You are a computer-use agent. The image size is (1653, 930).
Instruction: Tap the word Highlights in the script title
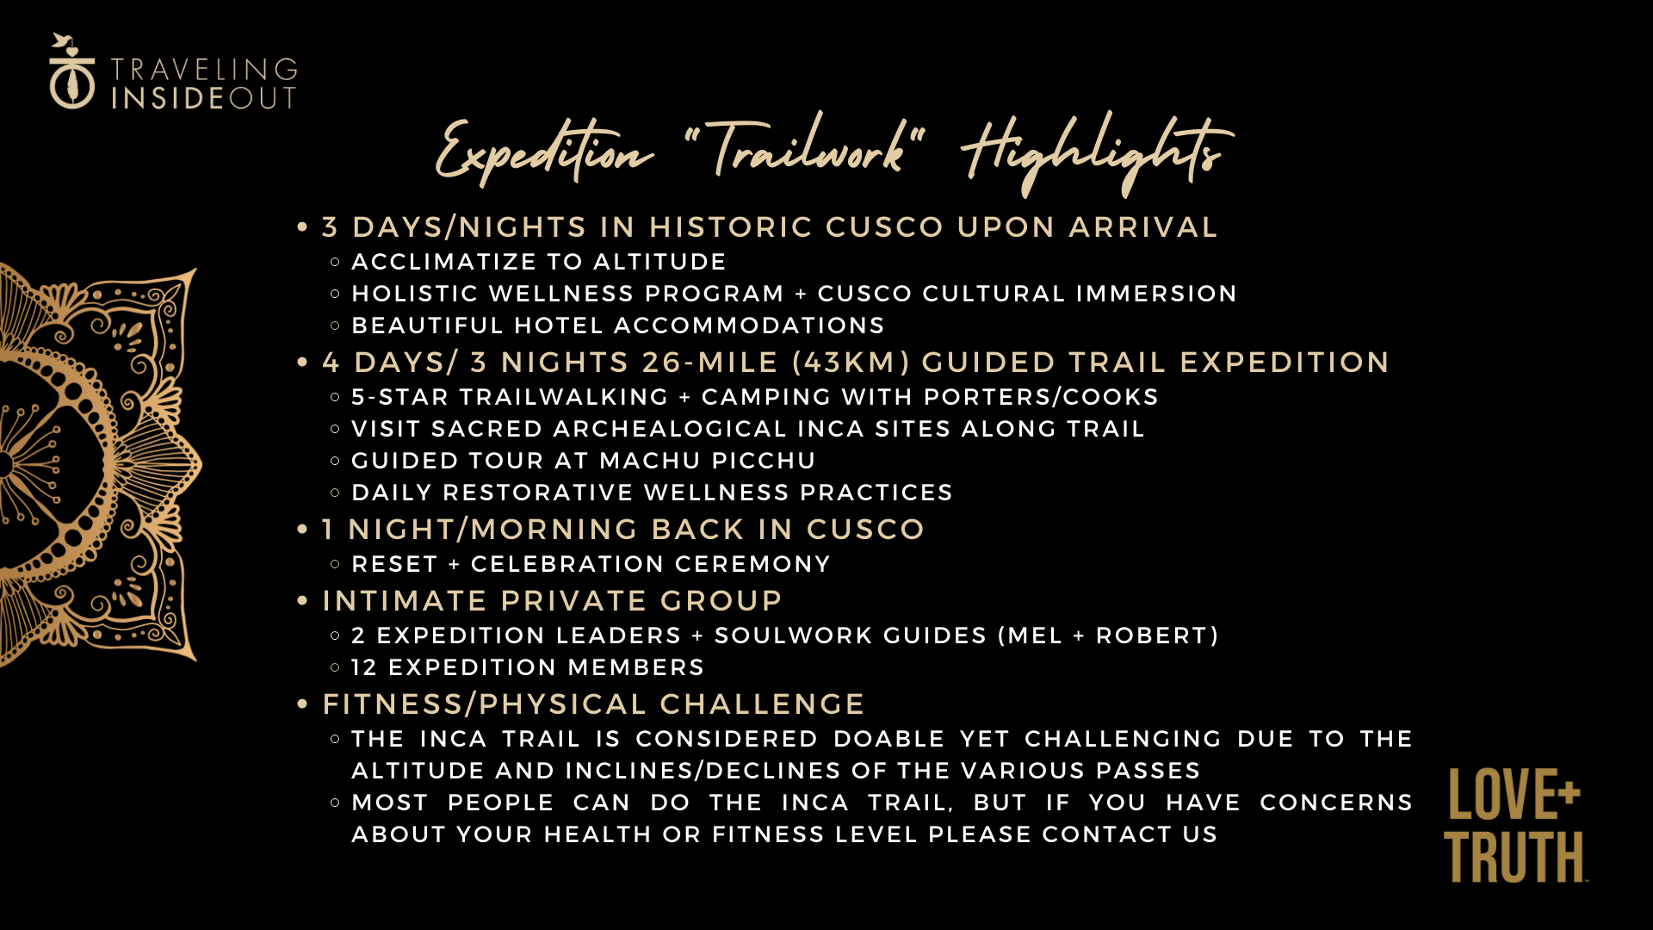point(1097,153)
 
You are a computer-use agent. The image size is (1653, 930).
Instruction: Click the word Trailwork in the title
point(805,148)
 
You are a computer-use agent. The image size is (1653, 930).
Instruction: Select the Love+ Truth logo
point(1515,825)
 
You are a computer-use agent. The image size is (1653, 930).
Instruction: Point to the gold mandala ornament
point(99,465)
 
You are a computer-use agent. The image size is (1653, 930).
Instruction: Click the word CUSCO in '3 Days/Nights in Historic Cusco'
point(885,227)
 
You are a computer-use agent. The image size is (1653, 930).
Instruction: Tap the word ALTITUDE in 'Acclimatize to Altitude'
point(659,262)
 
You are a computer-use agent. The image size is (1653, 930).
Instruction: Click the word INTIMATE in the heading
point(406,601)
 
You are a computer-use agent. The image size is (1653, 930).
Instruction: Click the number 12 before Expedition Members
point(364,667)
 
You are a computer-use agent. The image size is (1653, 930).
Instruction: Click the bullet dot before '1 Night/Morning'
point(302,530)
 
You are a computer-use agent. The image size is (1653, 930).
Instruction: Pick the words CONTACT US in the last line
point(1130,834)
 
